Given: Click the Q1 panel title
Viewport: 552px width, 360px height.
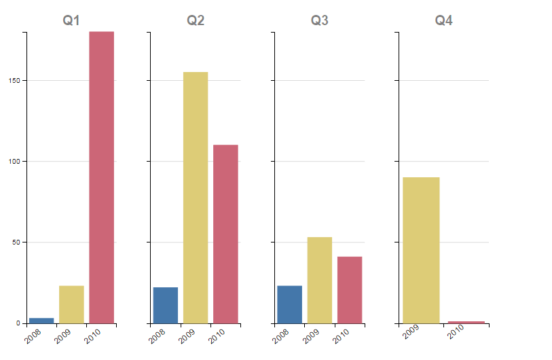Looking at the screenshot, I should click(71, 20).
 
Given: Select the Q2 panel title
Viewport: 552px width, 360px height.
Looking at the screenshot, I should click(196, 20).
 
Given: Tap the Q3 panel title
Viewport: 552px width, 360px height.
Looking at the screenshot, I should click(320, 20).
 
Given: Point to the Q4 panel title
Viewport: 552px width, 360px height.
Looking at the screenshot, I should click(444, 20).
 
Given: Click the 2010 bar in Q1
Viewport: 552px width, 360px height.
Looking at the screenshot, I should click(101, 177).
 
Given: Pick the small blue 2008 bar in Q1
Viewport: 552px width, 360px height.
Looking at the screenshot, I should click(41, 320).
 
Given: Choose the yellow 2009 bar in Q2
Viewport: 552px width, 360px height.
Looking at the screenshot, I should click(196, 197).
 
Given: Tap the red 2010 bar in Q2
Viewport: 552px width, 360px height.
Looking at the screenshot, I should click(225, 234).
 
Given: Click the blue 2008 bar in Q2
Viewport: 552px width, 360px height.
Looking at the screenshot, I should click(166, 305).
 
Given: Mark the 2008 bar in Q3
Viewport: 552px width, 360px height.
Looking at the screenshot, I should click(290, 304).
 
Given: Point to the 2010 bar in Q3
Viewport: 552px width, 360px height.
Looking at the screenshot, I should click(350, 289).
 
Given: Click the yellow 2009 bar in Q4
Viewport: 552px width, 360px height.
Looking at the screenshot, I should click(421, 250).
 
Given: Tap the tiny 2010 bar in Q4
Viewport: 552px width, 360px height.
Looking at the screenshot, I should click(466, 322).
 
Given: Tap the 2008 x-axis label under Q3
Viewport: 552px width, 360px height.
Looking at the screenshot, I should click(280, 334).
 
